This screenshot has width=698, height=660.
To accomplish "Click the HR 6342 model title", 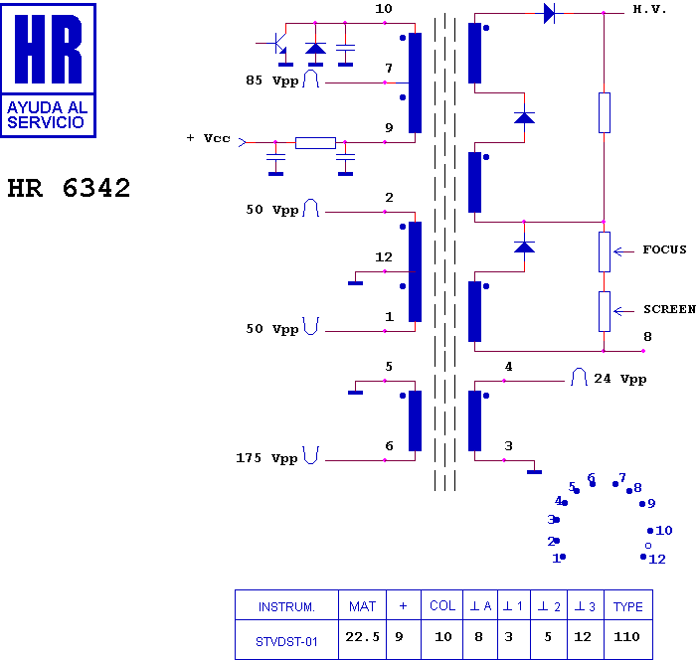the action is click(69, 188).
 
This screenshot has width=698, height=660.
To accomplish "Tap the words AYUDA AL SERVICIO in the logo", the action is click(48, 115).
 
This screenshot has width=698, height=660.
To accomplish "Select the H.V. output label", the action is click(649, 9).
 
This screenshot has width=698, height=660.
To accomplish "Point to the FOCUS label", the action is click(664, 249).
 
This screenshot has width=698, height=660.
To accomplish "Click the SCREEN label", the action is click(669, 309).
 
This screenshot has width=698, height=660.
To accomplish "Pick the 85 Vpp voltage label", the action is click(272, 81).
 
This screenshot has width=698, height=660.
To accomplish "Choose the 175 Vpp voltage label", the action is click(266, 458).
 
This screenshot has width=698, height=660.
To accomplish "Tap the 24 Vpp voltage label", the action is click(620, 379).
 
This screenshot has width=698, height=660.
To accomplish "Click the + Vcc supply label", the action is click(209, 138).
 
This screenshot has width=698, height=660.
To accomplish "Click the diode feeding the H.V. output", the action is click(549, 13).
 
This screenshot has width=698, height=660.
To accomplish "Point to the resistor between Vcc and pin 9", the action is click(315, 143).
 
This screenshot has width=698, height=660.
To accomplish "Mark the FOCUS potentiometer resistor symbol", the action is click(605, 251).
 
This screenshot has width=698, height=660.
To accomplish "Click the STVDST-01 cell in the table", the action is click(286, 642).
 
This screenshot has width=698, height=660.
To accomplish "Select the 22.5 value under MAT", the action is click(362, 637).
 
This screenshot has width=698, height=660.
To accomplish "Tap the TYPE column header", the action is click(628, 606).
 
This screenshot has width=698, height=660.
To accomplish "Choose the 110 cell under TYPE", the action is click(626, 637).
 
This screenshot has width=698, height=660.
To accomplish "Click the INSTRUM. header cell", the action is click(286, 607).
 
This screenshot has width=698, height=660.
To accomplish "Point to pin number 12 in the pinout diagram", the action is click(657, 559).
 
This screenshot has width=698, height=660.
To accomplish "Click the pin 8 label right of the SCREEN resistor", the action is click(647, 336).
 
